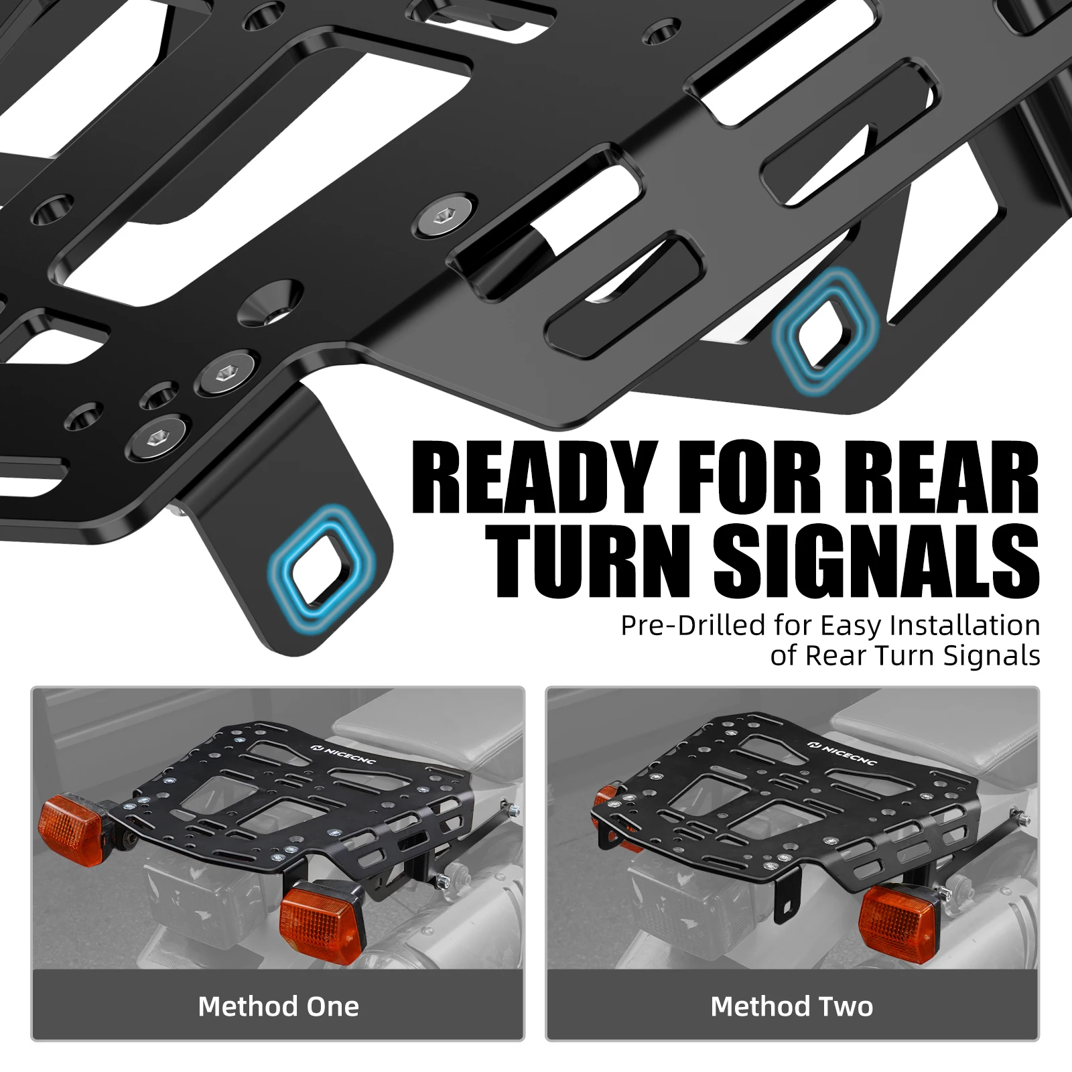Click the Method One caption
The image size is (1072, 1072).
point(278,1006)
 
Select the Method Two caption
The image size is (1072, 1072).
point(792,1006)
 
